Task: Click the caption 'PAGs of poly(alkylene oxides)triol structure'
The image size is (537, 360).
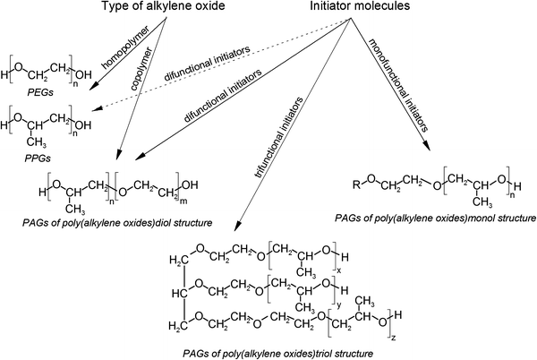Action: click(x=268, y=354)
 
